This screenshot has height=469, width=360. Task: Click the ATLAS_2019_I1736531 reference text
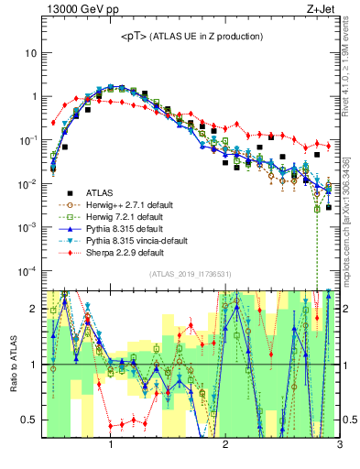point(189,273)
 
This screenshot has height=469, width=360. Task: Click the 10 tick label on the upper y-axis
point(30,53)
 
